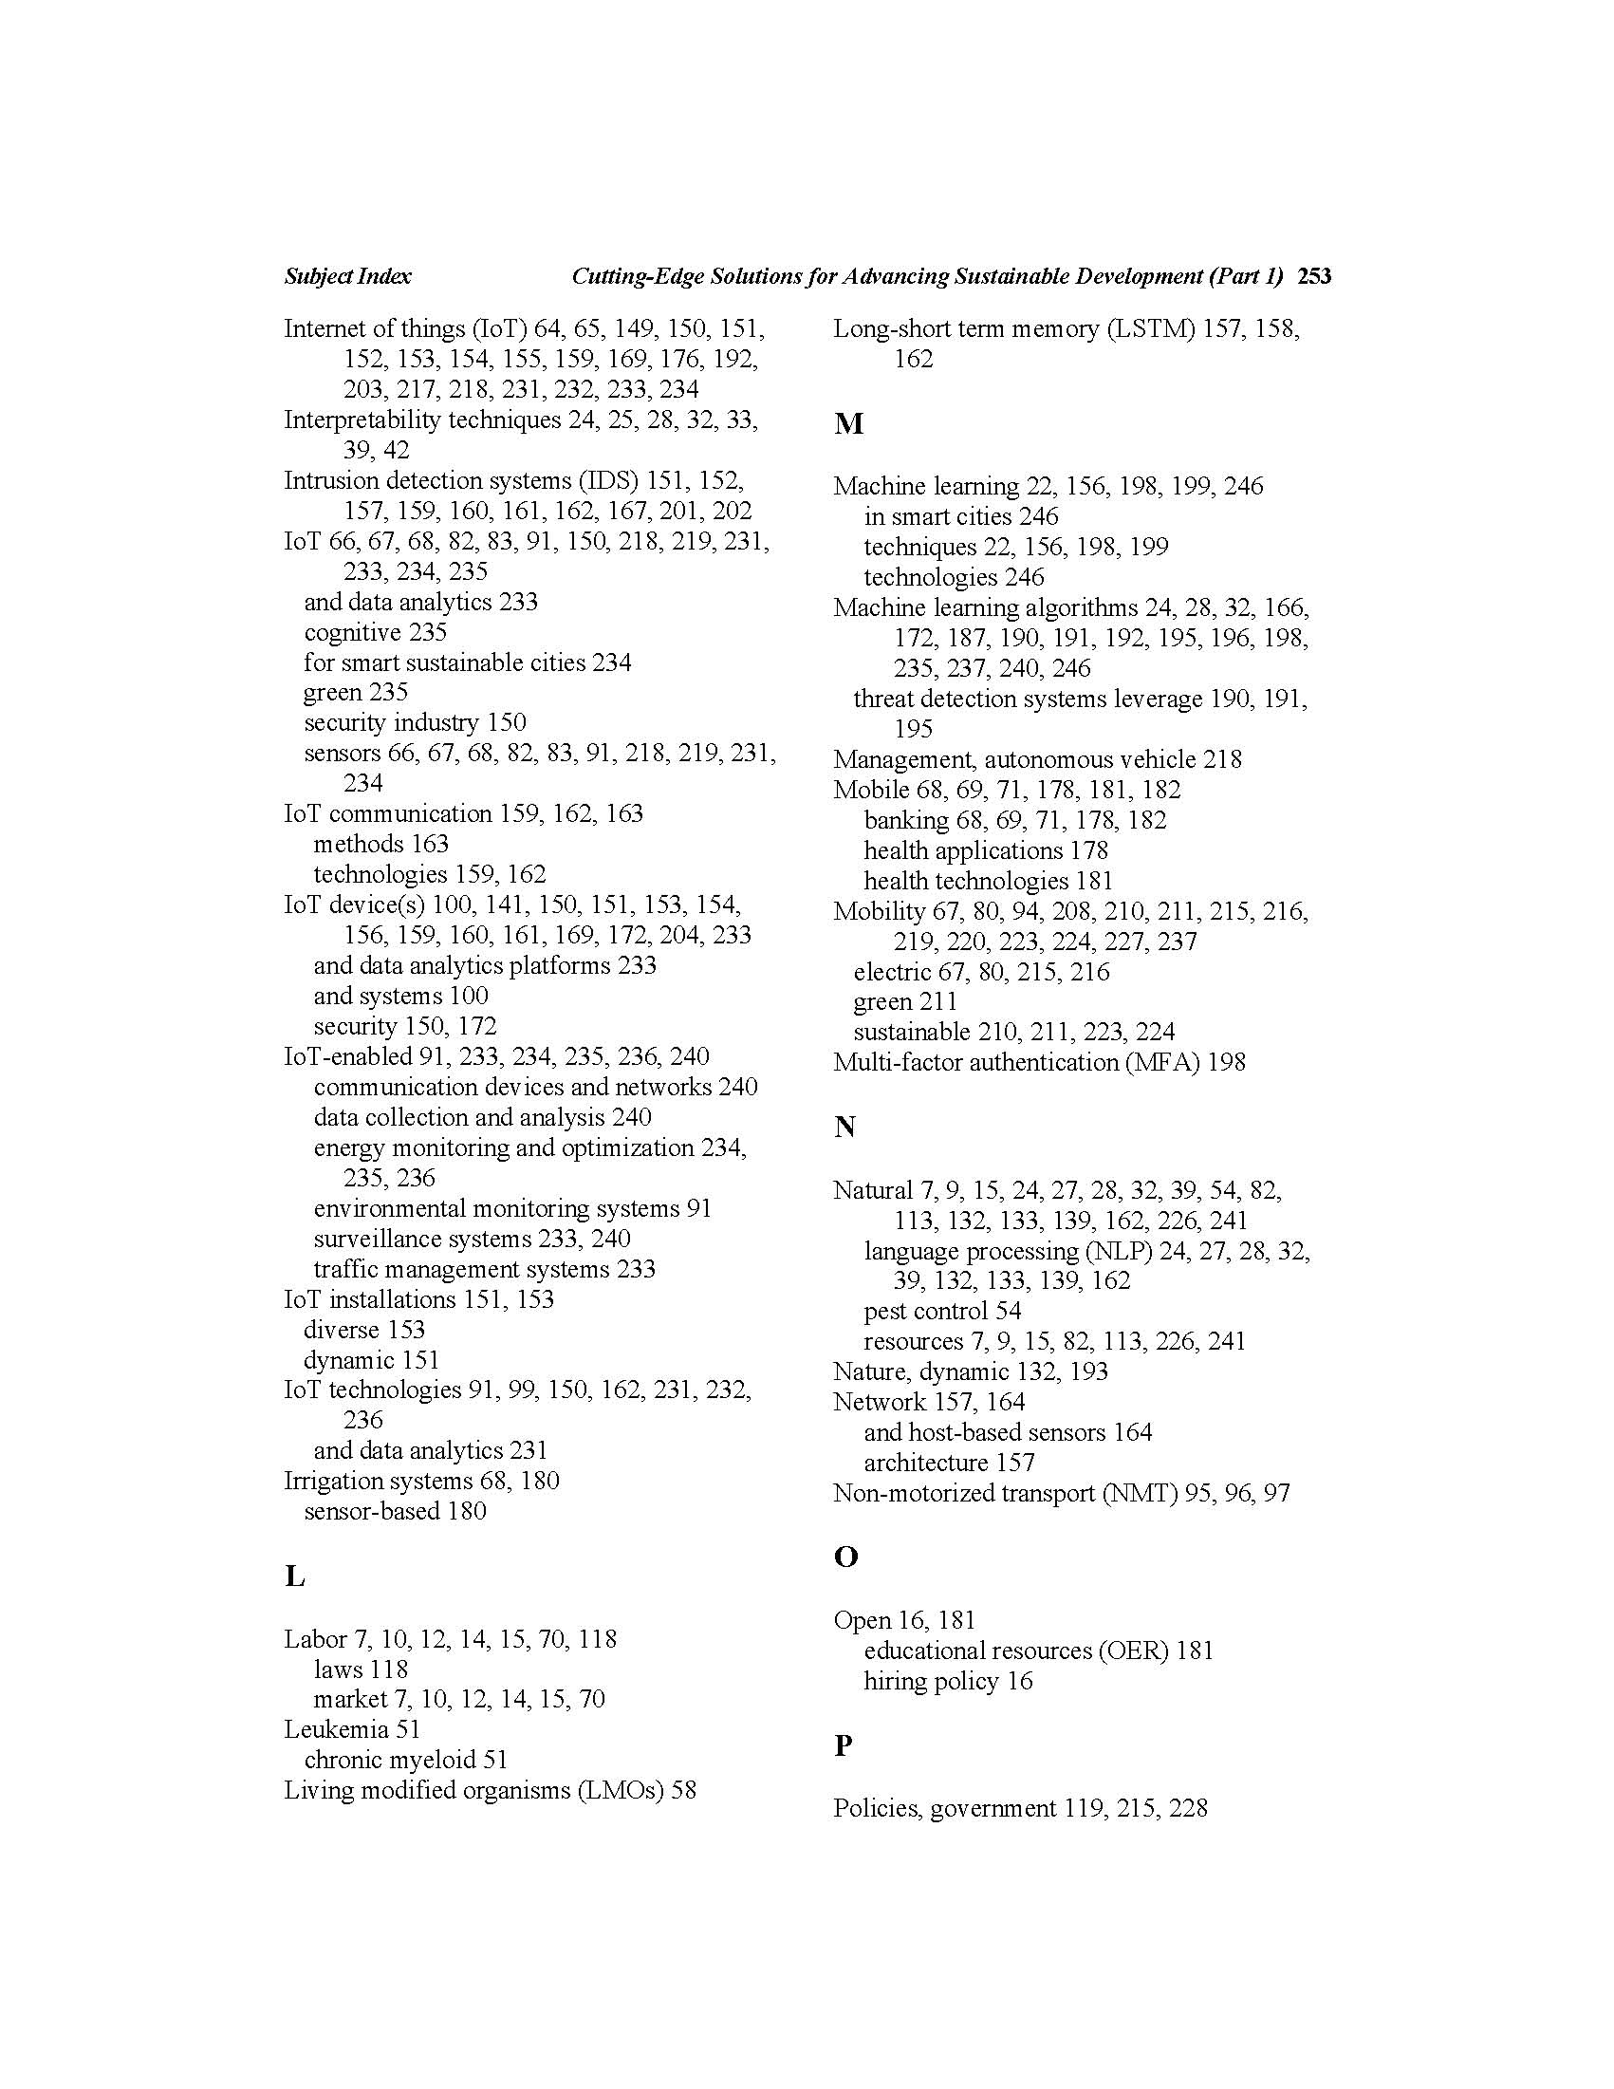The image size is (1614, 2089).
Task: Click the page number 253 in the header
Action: pyautogui.click(x=1314, y=276)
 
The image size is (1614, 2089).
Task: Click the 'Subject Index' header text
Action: pyautogui.click(x=347, y=276)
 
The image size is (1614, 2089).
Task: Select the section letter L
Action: pyautogui.click(x=294, y=1576)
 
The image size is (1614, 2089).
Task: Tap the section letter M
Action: pyautogui.click(x=848, y=423)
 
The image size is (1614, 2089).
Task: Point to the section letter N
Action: pyautogui.click(x=844, y=1127)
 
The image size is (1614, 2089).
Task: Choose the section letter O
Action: pyautogui.click(x=845, y=1557)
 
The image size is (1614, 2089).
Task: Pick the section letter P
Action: pyautogui.click(x=843, y=1745)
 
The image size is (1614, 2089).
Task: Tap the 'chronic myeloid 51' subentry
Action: pyautogui.click(x=405, y=1760)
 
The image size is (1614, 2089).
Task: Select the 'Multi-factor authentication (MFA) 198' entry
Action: pyautogui.click(x=1038, y=1062)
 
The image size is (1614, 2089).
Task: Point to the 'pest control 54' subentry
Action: pyautogui.click(x=942, y=1311)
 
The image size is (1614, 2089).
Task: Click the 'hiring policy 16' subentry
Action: pyautogui.click(x=948, y=1681)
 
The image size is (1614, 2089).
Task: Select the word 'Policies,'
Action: pyautogui.click(x=877, y=1808)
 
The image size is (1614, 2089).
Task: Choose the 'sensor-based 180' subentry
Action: pyautogui.click(x=395, y=1511)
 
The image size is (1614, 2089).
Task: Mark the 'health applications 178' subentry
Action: pyautogui.click(x=985, y=850)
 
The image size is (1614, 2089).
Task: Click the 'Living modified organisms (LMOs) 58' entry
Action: pyautogui.click(x=490, y=1790)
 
